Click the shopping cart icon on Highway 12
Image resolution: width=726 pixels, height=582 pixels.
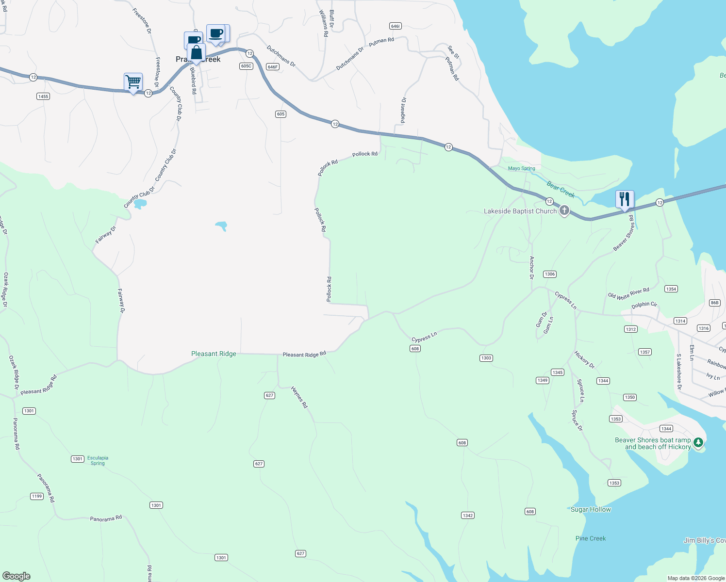tap(133, 82)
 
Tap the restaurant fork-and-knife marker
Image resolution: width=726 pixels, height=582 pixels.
tap(625, 199)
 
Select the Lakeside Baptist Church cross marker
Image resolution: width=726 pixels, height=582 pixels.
tap(564, 210)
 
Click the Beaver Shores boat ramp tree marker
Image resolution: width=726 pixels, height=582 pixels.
tap(698, 442)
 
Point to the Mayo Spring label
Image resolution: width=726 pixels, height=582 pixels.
tap(521, 168)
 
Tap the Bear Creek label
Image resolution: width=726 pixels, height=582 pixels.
tap(561, 189)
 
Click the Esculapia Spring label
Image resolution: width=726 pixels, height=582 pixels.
tap(98, 460)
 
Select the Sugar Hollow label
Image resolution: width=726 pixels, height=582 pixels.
tap(591, 509)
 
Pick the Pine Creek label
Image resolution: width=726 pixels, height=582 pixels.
tap(591, 538)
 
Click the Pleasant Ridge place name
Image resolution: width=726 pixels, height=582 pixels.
tap(214, 354)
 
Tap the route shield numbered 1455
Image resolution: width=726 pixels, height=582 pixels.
tap(43, 97)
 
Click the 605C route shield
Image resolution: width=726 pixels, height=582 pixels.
tap(246, 66)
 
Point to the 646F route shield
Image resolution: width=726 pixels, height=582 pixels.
tap(273, 67)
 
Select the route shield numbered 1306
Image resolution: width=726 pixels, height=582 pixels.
tap(549, 274)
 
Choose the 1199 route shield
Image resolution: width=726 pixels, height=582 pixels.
tap(37, 496)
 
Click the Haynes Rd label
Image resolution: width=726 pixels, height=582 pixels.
tap(299, 397)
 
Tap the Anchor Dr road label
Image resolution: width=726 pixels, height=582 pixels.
tap(532, 268)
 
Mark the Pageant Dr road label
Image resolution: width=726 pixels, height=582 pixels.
tap(403, 110)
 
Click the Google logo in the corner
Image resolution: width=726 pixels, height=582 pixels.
tap(16, 576)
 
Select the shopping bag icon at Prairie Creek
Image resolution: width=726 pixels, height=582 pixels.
tap(196, 52)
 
